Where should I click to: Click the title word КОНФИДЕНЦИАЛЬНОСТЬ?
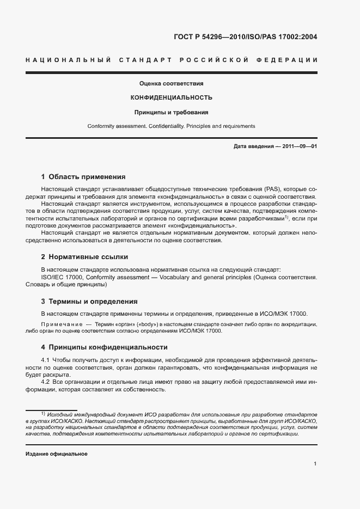[171, 98]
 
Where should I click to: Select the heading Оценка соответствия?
[171, 84]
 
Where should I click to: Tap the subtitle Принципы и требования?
[171, 112]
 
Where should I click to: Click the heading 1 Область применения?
[83, 177]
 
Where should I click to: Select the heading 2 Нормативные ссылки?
[84, 256]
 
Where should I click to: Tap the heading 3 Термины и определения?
[89, 301]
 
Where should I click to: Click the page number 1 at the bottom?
[315, 464]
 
